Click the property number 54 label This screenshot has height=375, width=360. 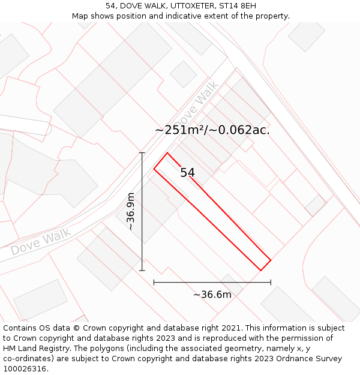coord(187,173)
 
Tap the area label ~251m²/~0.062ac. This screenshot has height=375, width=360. coord(212,130)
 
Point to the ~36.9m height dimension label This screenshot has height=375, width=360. coord(131,211)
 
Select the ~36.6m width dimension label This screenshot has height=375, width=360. coord(212,294)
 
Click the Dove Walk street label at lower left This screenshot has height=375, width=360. coord(41,241)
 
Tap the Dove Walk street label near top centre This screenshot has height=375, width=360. coord(196,102)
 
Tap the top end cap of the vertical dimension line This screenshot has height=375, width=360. coord(142,153)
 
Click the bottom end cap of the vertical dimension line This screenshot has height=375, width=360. coord(142,271)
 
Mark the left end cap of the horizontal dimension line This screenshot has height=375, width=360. coord(154,282)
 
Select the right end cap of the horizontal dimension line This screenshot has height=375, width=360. coord(271,282)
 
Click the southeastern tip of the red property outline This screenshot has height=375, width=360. coord(260,271)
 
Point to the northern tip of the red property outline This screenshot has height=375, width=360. coord(167,153)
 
